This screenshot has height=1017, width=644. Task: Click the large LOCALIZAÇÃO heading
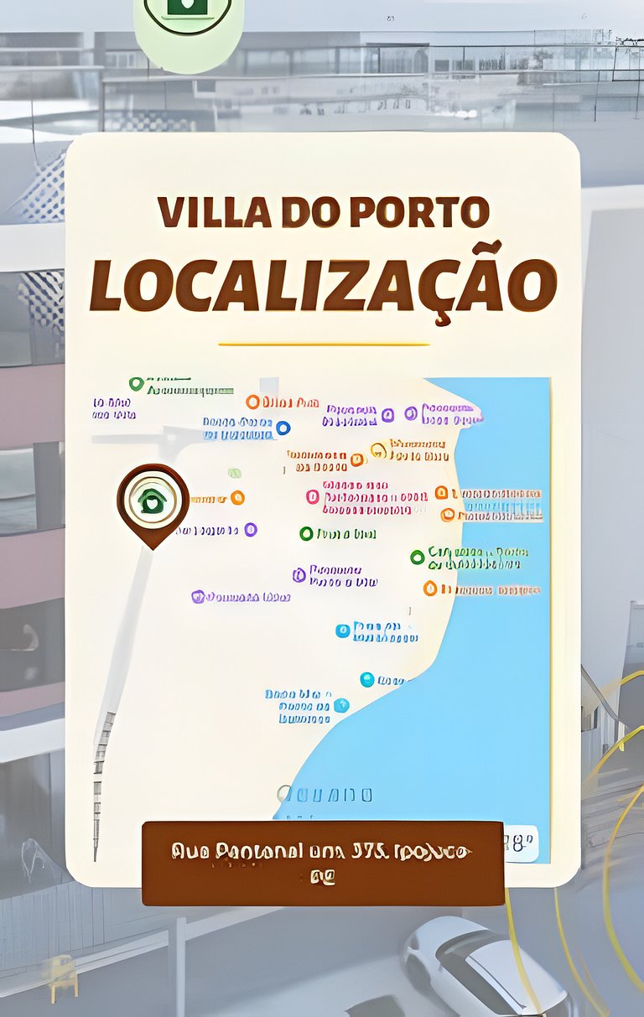[323, 285]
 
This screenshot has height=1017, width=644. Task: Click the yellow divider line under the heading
[323, 344]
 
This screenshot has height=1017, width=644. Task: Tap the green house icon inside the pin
[152, 501]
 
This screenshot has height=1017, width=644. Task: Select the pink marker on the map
[313, 496]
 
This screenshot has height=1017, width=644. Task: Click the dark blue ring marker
[283, 428]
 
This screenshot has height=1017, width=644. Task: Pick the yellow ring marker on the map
[378, 449]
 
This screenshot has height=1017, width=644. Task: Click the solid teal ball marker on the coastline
[366, 679]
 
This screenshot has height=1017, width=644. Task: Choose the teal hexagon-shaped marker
[341, 706]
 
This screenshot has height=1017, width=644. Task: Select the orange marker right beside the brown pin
[237, 498]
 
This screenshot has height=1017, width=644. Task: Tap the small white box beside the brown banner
[521, 842]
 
